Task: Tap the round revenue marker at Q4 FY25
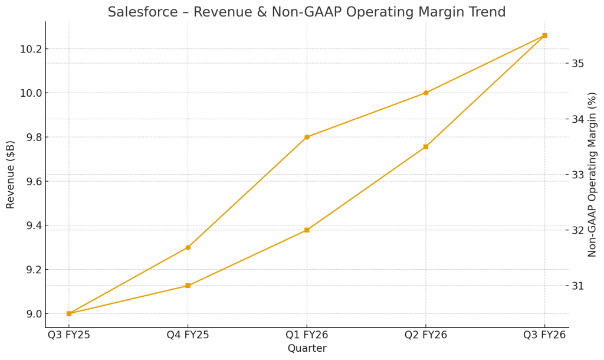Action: coord(188,247)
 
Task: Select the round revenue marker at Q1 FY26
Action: coord(307,137)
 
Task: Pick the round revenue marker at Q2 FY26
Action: coord(426,93)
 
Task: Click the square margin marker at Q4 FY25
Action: coord(188,286)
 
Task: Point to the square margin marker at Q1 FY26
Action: coord(307,230)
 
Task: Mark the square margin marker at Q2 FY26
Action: coord(426,146)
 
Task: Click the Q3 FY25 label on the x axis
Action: coord(68,335)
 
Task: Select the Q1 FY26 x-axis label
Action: coord(307,335)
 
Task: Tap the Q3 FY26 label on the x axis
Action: coord(544,335)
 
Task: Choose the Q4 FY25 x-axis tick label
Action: coord(188,335)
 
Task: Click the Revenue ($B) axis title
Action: coord(11,175)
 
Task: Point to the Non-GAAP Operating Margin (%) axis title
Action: coord(592,175)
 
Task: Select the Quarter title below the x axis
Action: coord(307,349)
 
